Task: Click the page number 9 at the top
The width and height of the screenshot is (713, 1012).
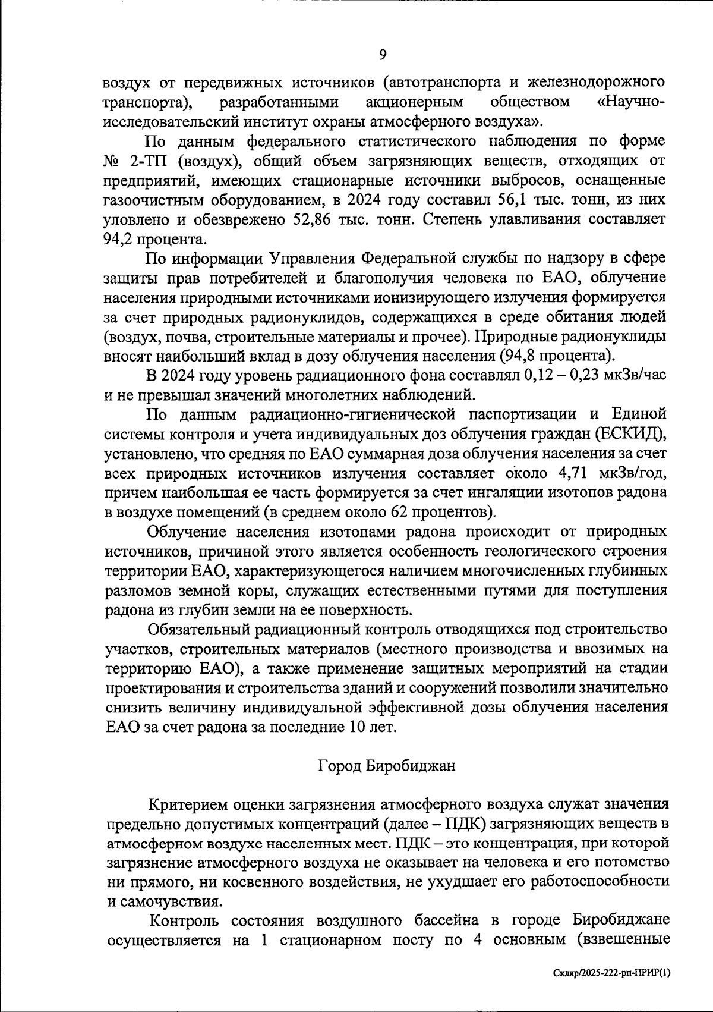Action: coord(383,55)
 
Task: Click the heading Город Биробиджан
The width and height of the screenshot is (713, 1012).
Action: coord(387,765)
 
